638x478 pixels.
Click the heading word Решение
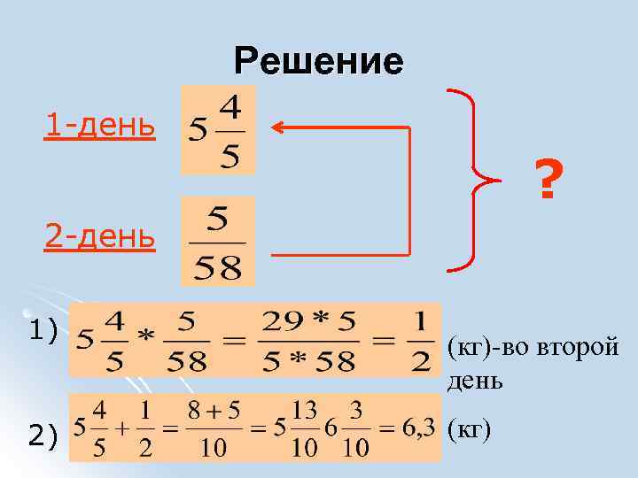tap(318, 61)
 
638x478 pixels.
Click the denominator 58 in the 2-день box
tap(218, 267)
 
